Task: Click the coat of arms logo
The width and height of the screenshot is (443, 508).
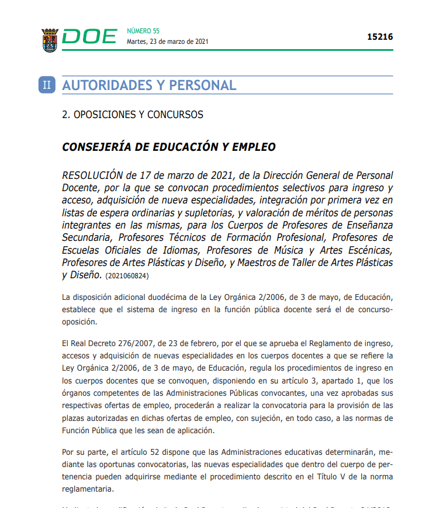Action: pos(50,40)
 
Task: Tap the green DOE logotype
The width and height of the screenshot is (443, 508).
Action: pos(89,37)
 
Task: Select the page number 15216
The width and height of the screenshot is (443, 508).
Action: pos(380,37)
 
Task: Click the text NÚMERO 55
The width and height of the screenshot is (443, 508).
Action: pos(143,31)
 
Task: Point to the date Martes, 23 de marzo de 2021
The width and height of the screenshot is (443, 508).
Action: pos(167,42)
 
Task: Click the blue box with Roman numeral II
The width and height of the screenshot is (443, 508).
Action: pos(47,85)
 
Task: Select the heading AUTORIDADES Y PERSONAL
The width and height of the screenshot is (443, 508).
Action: pos(149,85)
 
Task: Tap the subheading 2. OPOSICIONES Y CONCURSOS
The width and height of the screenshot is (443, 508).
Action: pos(133,115)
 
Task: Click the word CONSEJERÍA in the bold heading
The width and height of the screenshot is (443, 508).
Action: pos(96,147)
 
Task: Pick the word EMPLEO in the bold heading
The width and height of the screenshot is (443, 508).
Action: pos(254,147)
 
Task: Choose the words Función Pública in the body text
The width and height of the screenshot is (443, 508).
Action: pos(91,431)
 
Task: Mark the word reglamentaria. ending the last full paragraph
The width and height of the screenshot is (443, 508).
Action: pos(88,489)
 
